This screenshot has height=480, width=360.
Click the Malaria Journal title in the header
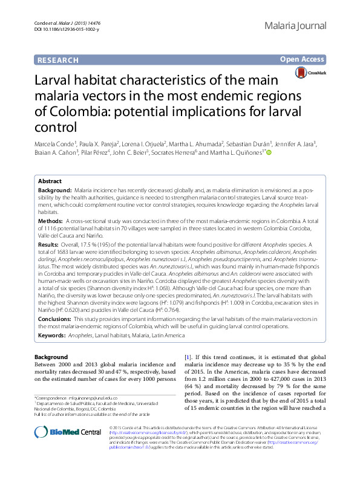click(296, 26)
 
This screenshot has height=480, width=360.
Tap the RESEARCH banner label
click(58, 60)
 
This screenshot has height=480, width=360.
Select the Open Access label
click(303, 59)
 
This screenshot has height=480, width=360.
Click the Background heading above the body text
click(51, 357)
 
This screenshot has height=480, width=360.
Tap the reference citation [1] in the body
click(188, 358)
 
